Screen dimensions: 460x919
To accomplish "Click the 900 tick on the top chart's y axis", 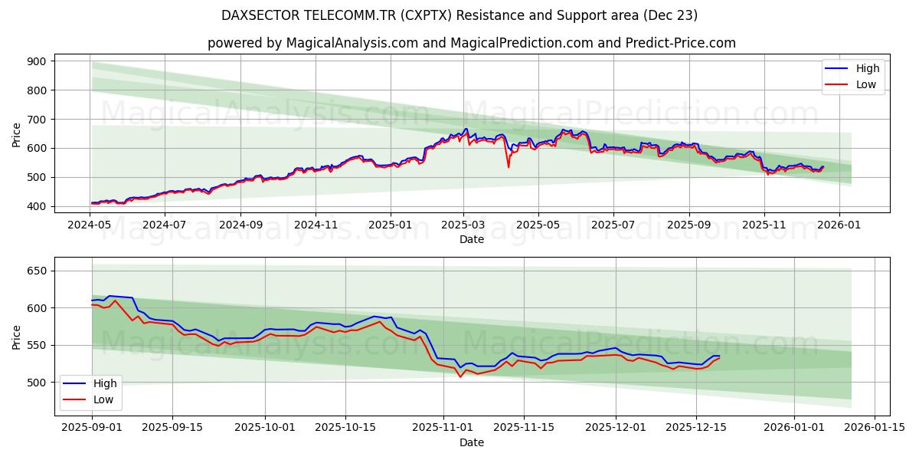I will (x=36, y=61).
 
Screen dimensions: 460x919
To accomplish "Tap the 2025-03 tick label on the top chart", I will (x=463, y=225).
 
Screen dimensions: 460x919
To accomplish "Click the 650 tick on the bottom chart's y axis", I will (x=36, y=271).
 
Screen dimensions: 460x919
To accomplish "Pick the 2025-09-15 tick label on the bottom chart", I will (x=172, y=427).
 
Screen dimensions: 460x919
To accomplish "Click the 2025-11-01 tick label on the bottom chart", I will (x=443, y=427).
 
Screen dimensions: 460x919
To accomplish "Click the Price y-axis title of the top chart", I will (x=17, y=133).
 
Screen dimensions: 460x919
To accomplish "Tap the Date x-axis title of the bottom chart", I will (x=471, y=442).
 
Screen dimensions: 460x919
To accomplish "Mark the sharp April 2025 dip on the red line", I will (x=509, y=166).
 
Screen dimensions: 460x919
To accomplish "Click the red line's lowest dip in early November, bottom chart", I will (x=460, y=376).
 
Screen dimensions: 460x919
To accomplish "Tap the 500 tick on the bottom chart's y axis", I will (x=36, y=383).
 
